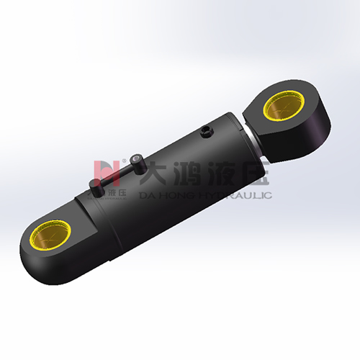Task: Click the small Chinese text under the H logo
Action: coord(108,193)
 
